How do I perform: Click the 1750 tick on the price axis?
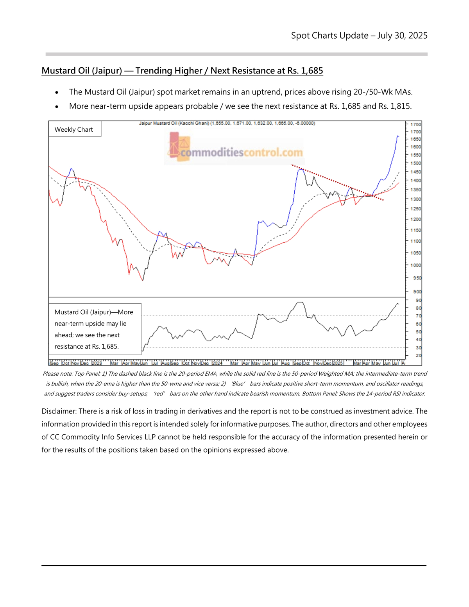tap(415, 124)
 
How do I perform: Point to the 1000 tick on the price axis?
tap(415, 265)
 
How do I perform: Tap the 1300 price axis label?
tap(415, 199)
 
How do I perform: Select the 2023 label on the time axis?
tap(96, 363)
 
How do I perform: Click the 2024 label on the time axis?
tap(217, 363)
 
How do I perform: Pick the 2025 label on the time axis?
tap(337, 363)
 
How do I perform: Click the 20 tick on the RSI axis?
tap(418, 356)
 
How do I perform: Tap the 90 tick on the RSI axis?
tap(418, 301)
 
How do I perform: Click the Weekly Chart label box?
tap(74, 129)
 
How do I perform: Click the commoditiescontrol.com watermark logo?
tap(236, 150)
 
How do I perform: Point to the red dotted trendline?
tap(336, 182)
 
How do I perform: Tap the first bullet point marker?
tap(57, 93)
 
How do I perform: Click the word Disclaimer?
tap(58, 411)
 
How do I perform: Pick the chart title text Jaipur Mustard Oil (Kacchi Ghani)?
tap(174, 123)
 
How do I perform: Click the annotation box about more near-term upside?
tap(95, 329)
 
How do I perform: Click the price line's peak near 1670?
tap(397, 136)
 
